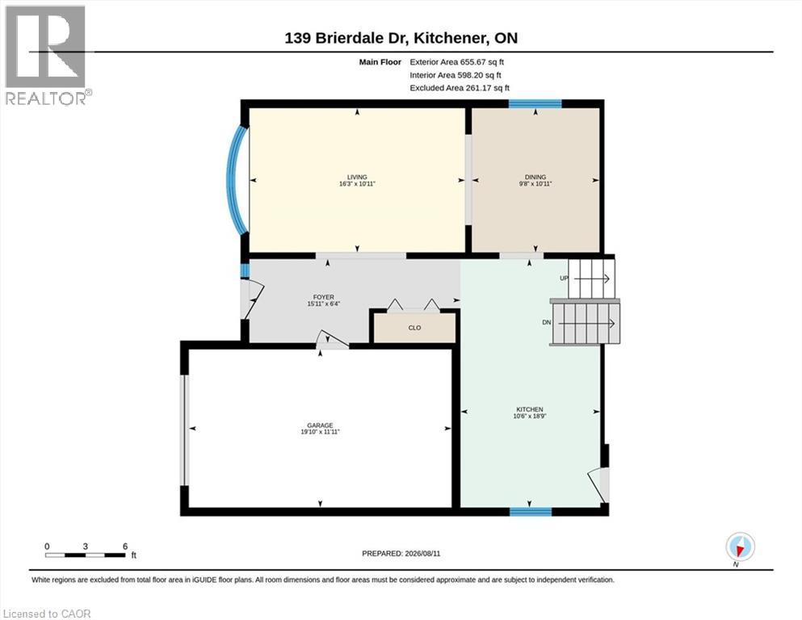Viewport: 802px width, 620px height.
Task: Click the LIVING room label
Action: [357, 178]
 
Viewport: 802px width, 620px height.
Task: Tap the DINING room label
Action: [535, 178]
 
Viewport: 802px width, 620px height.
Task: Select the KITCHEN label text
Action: [529, 409]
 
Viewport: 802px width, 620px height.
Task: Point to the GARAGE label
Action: [320, 425]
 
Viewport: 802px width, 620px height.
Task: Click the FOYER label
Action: [323, 297]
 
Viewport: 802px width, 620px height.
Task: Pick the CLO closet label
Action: [414, 328]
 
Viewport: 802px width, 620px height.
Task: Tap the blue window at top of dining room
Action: [535, 104]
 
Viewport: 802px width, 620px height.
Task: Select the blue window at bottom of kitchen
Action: [531, 511]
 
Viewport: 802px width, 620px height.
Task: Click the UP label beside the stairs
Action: [565, 278]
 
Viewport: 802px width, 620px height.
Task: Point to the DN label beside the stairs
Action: [547, 323]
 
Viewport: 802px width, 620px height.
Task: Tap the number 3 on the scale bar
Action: [86, 547]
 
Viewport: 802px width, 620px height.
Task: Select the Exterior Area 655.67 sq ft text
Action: [457, 62]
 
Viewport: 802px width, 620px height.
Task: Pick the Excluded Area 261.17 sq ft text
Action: [460, 88]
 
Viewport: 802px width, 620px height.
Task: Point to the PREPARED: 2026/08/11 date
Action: [401, 554]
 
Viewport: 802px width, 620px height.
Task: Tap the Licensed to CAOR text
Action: [47, 614]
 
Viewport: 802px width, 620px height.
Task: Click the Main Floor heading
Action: [380, 62]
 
